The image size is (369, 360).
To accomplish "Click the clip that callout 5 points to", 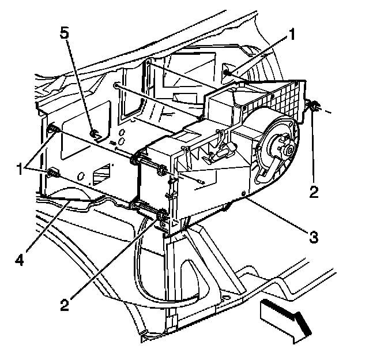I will (x=93, y=135).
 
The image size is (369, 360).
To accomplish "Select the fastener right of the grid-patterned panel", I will (x=315, y=106).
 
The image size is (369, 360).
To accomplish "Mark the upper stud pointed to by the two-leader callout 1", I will (x=51, y=128).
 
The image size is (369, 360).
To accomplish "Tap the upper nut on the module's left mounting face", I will (x=163, y=171).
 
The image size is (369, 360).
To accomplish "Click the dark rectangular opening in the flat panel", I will (x=99, y=172).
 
